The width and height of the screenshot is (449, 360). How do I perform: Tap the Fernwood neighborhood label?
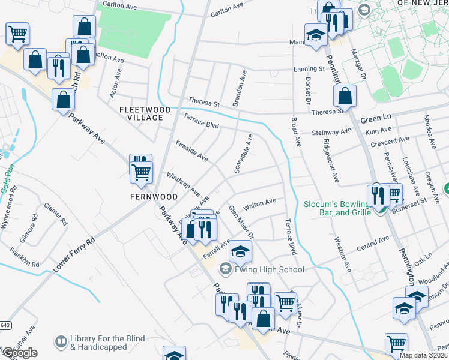coord(155,197)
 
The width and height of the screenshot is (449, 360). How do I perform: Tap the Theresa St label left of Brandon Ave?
coord(205,102)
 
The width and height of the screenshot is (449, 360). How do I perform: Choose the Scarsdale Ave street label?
coord(243,154)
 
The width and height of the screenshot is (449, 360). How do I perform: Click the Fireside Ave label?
coord(191,151)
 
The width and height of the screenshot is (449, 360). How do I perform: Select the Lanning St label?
coord(309,69)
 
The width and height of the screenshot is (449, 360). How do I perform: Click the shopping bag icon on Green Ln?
coord(345,96)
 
